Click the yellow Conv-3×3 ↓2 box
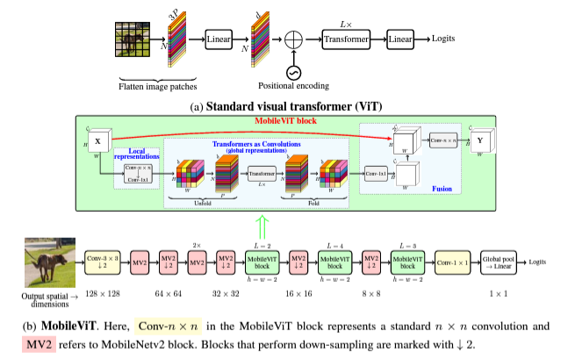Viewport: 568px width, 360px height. click(103, 261)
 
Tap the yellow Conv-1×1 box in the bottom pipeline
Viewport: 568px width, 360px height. click(453, 261)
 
